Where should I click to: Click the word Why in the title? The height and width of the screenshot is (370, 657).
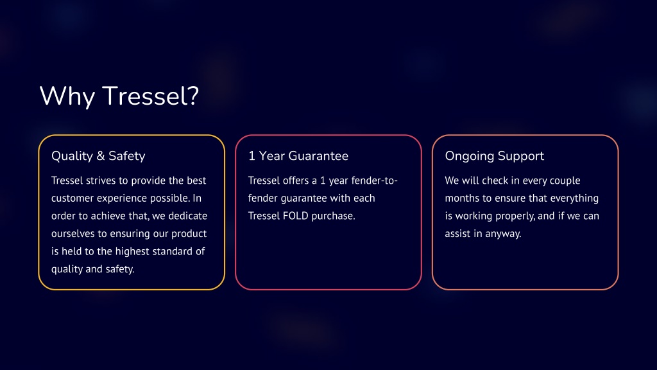[67, 96]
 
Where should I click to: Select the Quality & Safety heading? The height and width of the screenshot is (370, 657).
[98, 156]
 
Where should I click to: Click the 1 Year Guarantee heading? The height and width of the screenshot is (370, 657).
[298, 156]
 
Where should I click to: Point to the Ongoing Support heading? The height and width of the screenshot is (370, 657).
[495, 157]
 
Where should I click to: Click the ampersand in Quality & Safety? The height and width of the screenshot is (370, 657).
[101, 156]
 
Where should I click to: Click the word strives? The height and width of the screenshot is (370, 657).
[101, 181]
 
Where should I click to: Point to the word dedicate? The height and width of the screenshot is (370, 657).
[188, 216]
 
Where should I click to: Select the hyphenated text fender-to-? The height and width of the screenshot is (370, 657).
[375, 181]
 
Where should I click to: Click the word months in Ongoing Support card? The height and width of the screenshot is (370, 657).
[462, 198]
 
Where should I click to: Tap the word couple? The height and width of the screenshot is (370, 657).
[565, 181]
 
